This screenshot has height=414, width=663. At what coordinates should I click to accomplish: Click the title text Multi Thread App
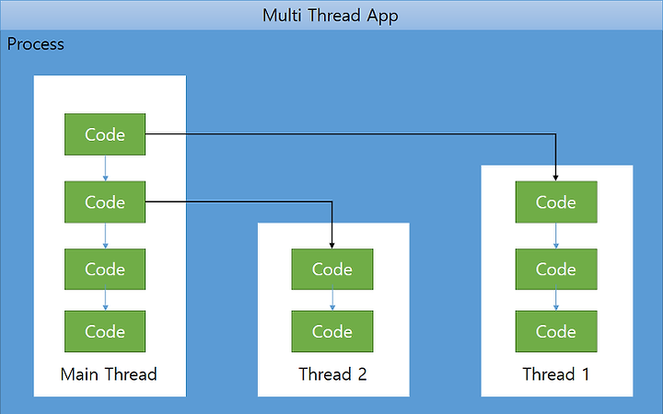click(x=331, y=16)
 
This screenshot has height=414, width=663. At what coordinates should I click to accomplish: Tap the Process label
click(x=36, y=44)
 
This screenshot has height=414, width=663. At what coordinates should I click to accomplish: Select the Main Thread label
click(x=109, y=374)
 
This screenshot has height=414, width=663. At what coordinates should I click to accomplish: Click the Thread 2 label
click(x=332, y=374)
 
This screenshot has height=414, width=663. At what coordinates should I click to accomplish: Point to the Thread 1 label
click(x=556, y=374)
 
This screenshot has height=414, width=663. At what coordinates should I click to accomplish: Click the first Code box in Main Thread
click(x=105, y=134)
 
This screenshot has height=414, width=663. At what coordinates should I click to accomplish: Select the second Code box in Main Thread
click(x=105, y=201)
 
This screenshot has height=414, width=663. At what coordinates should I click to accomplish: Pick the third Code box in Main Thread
click(x=105, y=269)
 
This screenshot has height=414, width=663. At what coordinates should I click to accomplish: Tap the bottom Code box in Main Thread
click(x=105, y=331)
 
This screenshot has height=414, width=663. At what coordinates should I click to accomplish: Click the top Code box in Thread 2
click(x=332, y=269)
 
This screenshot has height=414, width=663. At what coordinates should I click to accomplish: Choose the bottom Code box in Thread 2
click(x=332, y=331)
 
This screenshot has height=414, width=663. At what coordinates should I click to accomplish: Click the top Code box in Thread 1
click(x=556, y=201)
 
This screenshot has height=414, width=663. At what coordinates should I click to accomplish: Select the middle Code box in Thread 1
click(x=556, y=269)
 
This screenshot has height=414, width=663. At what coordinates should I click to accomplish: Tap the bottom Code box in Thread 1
click(x=556, y=331)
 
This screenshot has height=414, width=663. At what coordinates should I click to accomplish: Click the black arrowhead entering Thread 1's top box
click(x=555, y=178)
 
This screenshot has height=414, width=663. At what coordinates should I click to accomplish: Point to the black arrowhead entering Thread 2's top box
click(x=331, y=246)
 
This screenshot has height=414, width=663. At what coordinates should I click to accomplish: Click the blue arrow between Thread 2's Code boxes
click(x=332, y=300)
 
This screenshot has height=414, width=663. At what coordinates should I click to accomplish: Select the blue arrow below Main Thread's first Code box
click(x=105, y=168)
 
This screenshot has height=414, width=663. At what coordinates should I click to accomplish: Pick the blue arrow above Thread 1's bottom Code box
click(x=556, y=300)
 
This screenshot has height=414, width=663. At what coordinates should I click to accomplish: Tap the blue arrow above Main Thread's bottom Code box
click(x=105, y=300)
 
